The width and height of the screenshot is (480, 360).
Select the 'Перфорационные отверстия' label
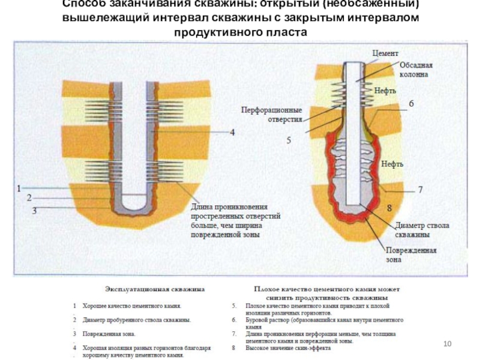pyautogui.click(x=271, y=115)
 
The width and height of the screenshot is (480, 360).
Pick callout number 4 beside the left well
pyautogui.click(x=232, y=132)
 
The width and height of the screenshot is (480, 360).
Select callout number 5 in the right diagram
pyautogui.click(x=288, y=141)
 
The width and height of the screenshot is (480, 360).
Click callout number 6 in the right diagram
pyautogui.click(x=411, y=104)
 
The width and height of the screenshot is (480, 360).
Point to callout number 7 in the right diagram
pyautogui.click(x=420, y=189)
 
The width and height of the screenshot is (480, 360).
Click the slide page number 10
pyautogui.click(x=446, y=343)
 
